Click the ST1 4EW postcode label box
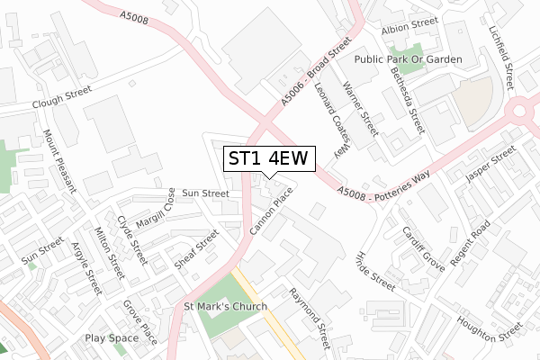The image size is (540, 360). coord(268,158)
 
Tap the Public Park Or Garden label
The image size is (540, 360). coord(408,59)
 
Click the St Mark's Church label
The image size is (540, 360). coord(226,306)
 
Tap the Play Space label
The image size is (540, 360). coord(112,338)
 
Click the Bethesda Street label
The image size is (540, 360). coord(405,99)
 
